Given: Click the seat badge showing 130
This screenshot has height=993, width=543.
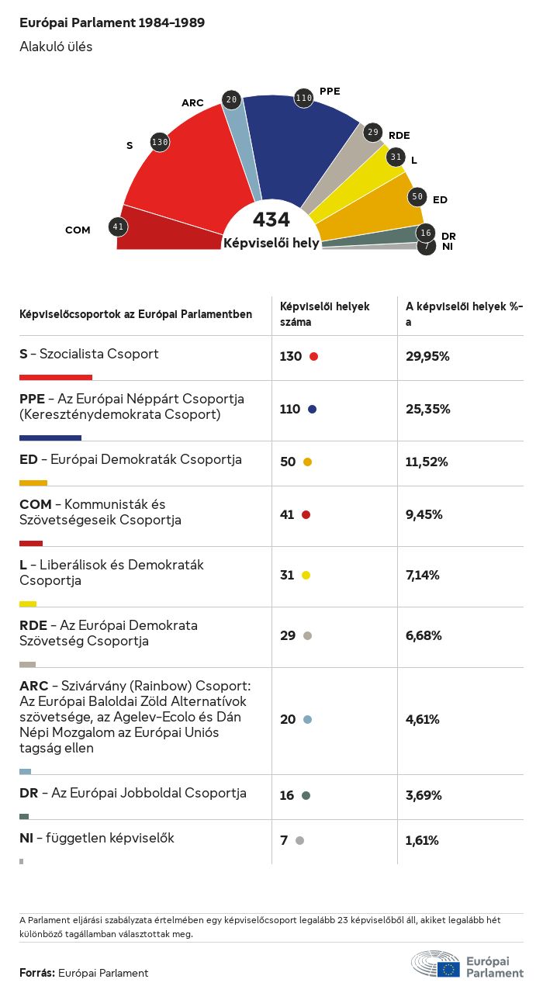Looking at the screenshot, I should tap(160, 142).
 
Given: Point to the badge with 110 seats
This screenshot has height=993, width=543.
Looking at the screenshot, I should tap(303, 98).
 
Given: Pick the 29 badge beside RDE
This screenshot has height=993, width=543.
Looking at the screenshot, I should tap(373, 133).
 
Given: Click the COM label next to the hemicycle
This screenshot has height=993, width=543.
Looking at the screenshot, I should tap(78, 230).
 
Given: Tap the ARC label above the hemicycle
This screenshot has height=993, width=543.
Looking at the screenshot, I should tap(192, 103).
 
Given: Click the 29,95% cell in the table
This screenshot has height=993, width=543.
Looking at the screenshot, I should tap(427, 356).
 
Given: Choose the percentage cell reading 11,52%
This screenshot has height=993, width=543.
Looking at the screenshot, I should tap(427, 462).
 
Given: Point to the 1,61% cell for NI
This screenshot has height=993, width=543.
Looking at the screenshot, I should tap(423, 840).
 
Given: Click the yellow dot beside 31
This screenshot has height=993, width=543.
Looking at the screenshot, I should tap(306, 575).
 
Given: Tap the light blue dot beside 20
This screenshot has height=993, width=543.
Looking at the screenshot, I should tap(307, 719).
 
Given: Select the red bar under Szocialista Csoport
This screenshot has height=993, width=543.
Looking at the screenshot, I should tap(56, 378).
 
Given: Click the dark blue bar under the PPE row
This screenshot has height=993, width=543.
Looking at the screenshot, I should tap(50, 438).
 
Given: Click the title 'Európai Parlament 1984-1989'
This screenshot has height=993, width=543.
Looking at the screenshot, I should tap(112, 23).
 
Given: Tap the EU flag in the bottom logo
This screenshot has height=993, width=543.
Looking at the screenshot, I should tap(448, 968).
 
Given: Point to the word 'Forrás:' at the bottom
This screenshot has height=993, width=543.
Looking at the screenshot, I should tap(37, 973).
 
